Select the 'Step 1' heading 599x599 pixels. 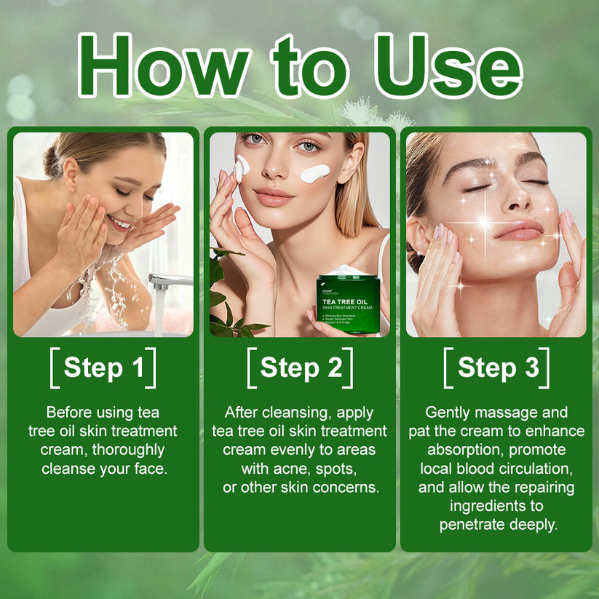pyautogui.click(x=103, y=368)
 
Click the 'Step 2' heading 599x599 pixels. pyautogui.click(x=300, y=368)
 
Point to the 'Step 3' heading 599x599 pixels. pyautogui.click(x=496, y=368)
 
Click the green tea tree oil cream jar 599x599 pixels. pyautogui.click(x=347, y=304)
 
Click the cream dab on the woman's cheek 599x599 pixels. pyautogui.click(x=314, y=173)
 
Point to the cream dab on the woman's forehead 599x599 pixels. pyautogui.click(x=242, y=166)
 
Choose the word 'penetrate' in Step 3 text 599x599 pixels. pyautogui.click(x=475, y=525)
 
